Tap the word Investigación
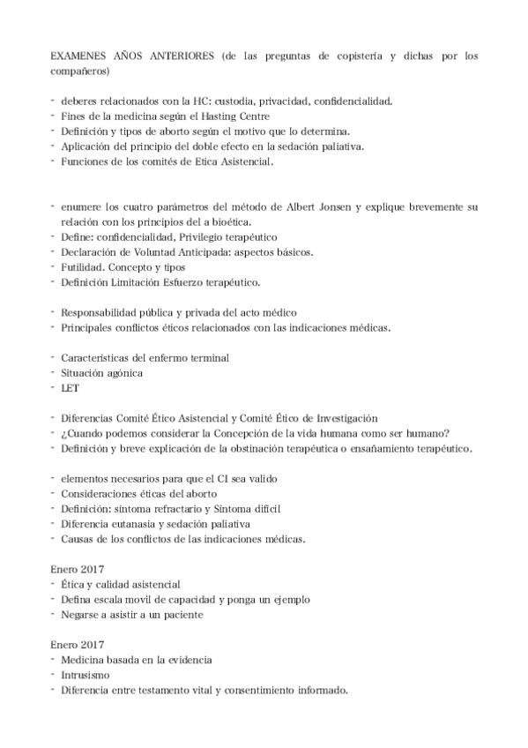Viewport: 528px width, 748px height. [338, 417]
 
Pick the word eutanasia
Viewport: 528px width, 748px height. [131, 523]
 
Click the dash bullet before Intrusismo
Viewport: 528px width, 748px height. [53, 674]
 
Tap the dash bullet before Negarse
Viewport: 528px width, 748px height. [53, 614]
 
